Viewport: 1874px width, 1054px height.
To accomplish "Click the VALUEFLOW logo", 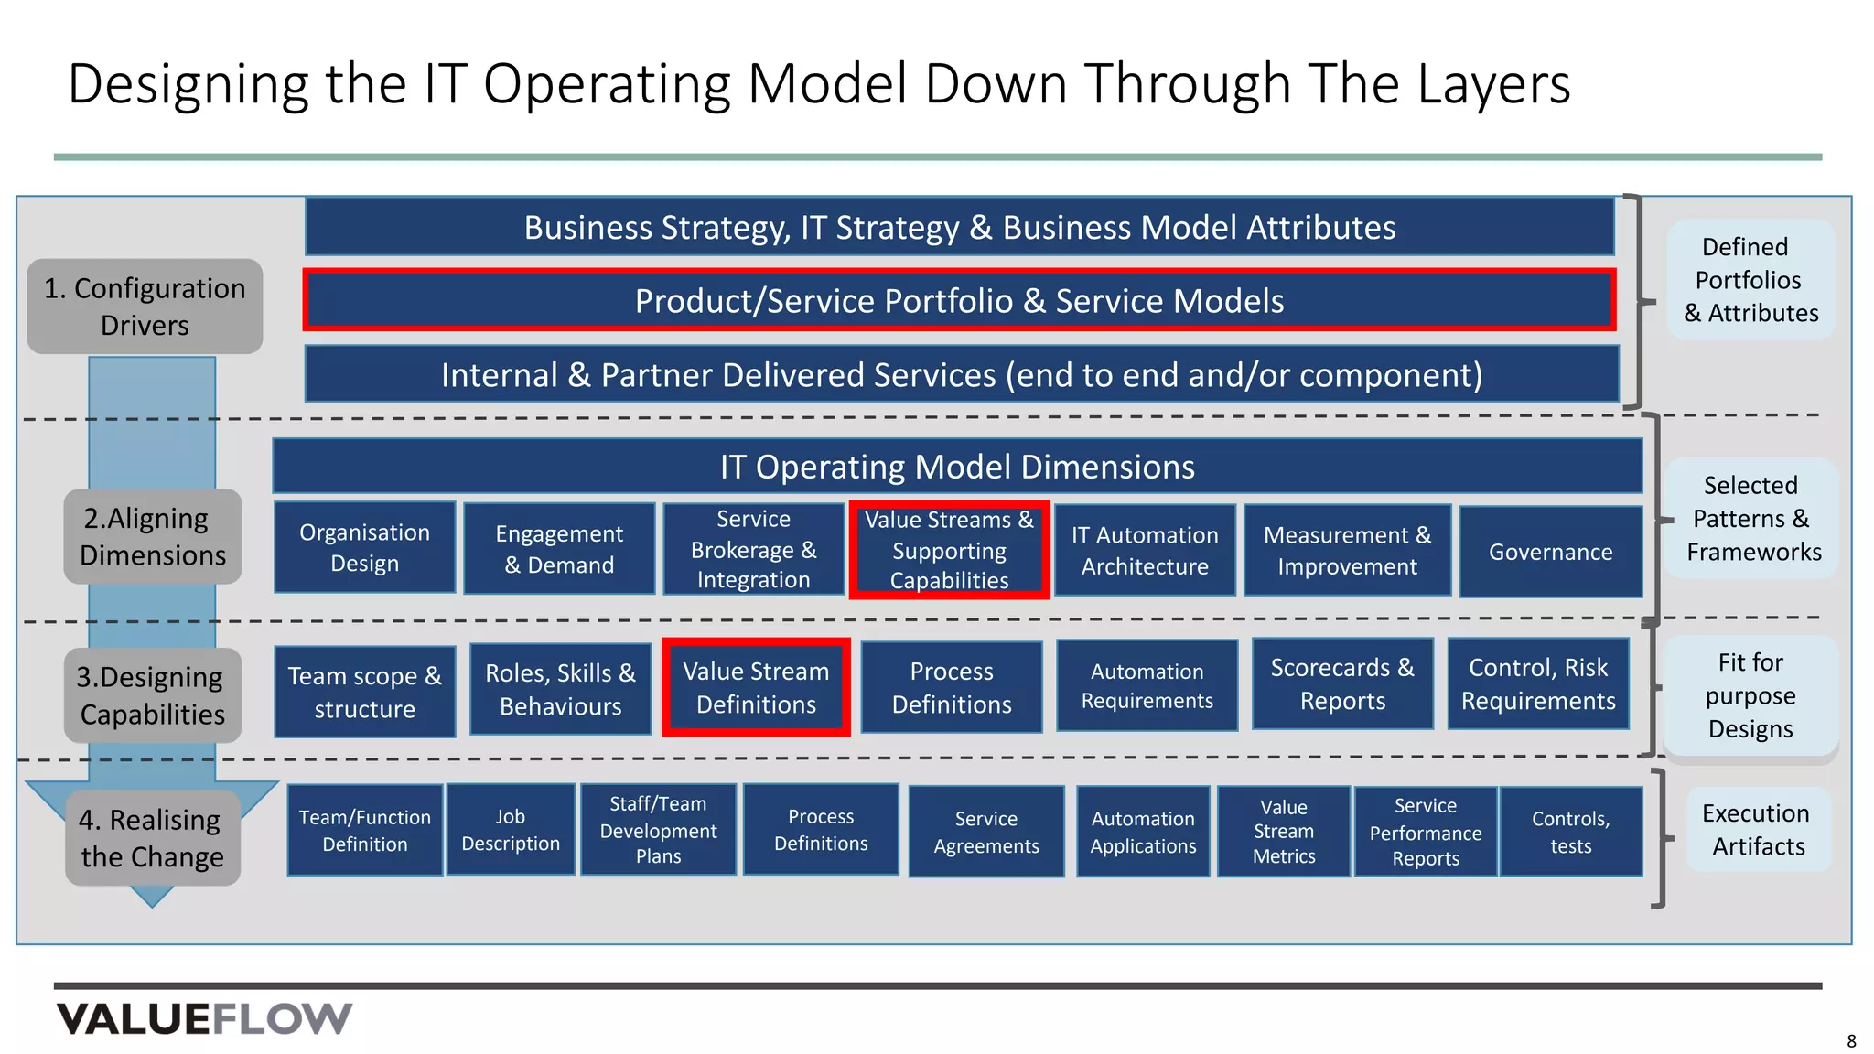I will click(204, 1018).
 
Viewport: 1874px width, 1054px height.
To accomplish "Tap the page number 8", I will click(1851, 1041).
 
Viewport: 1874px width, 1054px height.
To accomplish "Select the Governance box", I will click(1550, 552).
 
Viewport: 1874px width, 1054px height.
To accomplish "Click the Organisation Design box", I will click(364, 548).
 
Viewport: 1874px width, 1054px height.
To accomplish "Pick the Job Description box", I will click(511, 830).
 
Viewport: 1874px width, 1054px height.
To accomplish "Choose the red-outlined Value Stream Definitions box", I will click(756, 687).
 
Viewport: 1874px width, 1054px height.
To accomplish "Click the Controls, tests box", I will click(1570, 832).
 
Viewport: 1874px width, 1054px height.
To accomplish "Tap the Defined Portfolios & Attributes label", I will click(1750, 280).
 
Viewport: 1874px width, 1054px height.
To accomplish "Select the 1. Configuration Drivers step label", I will click(145, 307).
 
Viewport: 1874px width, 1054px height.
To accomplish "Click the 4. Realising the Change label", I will click(152, 838).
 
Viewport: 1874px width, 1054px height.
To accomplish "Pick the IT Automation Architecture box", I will click(1145, 551).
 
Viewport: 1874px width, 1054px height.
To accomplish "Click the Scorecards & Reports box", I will click(1342, 684).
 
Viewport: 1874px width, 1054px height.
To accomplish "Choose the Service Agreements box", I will click(986, 832).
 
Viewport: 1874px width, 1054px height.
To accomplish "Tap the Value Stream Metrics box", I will click(1284, 832).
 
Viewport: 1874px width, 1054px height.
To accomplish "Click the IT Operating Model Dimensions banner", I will click(957, 467).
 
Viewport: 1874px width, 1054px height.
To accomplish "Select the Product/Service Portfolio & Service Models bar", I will click(959, 300).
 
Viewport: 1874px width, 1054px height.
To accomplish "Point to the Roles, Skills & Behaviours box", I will click(560, 689).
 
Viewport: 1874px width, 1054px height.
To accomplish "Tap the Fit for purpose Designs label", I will click(1750, 695).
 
